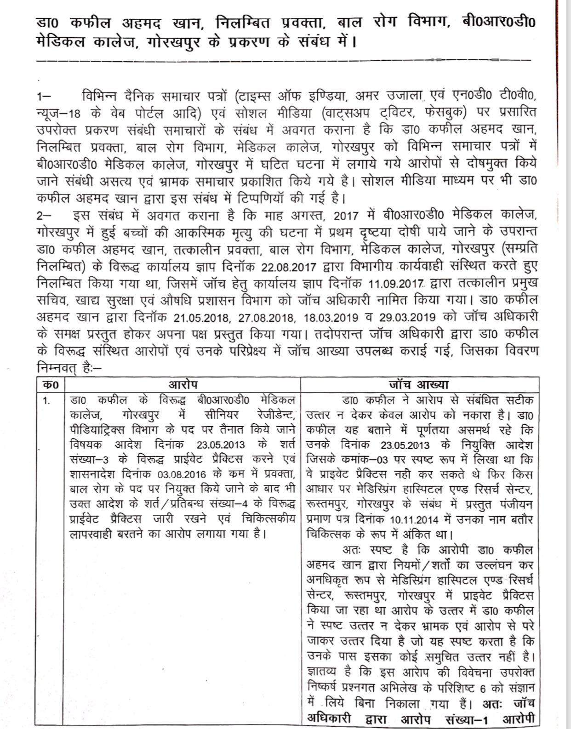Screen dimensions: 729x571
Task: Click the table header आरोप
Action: pyautogui.click(x=182, y=385)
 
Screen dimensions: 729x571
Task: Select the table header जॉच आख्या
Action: pyautogui.click(x=418, y=385)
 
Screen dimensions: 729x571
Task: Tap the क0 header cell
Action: pyautogui.click(x=49, y=385)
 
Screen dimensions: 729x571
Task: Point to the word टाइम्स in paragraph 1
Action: pyautogui.click(x=256, y=96)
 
